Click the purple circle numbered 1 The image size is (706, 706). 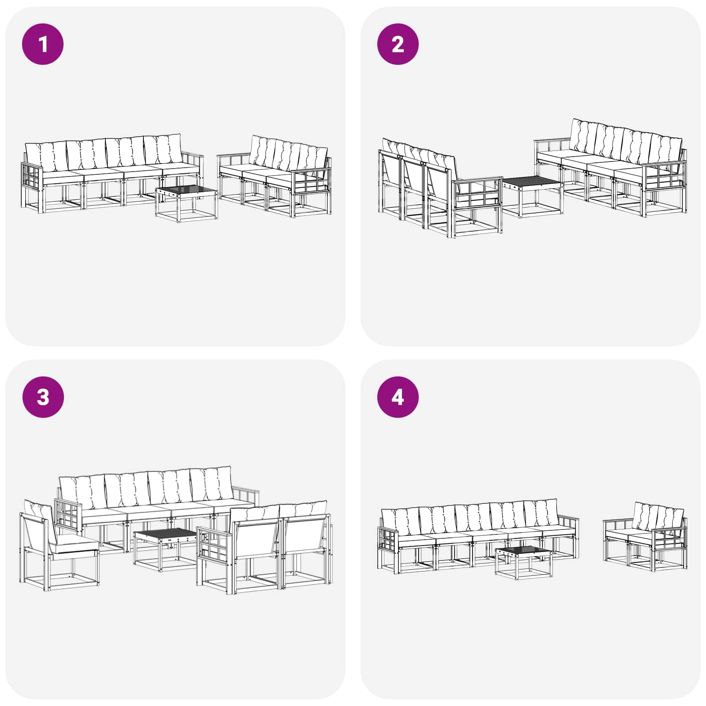(x=43, y=44)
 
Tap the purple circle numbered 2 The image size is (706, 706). (x=398, y=44)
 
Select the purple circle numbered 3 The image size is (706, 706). (x=43, y=397)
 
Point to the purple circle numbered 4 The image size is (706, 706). (x=398, y=397)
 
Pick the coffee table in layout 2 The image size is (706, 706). (x=533, y=196)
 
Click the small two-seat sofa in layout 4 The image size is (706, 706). (x=645, y=536)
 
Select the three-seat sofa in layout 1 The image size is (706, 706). (x=274, y=176)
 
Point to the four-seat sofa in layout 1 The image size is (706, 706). (x=113, y=173)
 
